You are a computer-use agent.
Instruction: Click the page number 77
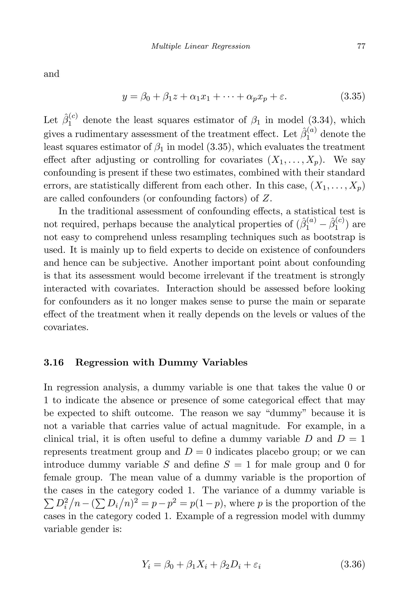(361, 46)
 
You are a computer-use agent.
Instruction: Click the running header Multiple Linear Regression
(201, 46)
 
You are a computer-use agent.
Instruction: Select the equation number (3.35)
(353, 97)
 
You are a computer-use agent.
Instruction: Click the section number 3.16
(54, 363)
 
